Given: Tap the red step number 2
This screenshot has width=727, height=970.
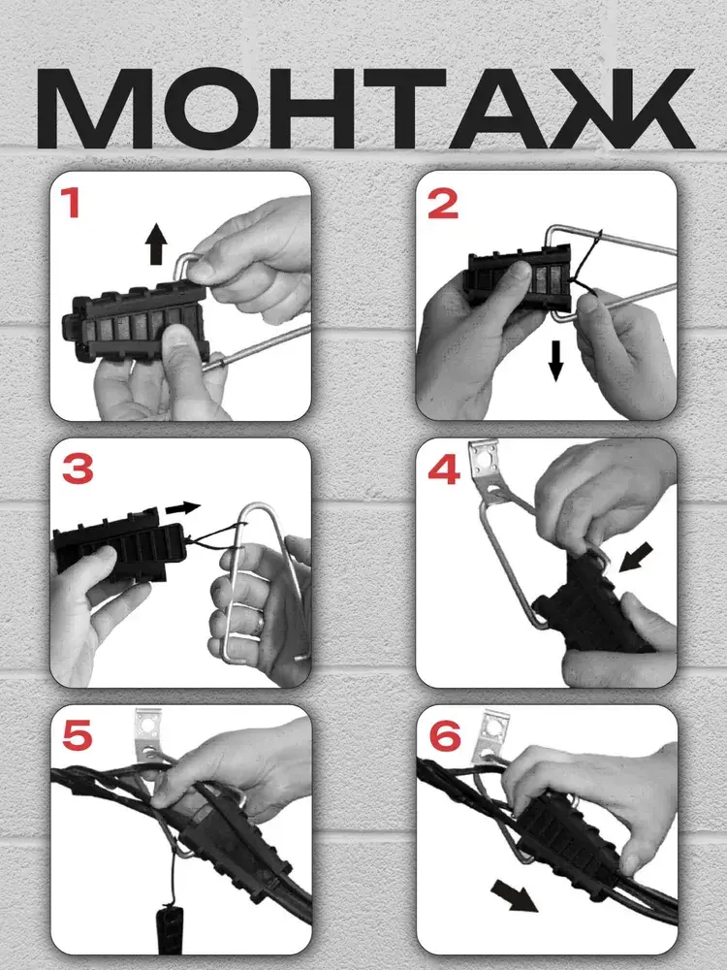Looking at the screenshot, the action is [x=443, y=204].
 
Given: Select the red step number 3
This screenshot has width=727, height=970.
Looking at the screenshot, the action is [x=78, y=469].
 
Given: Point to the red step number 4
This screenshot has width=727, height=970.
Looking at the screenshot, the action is [x=445, y=470].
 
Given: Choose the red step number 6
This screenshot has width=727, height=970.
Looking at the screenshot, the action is [x=445, y=736].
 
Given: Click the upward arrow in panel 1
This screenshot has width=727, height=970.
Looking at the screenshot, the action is [x=156, y=244].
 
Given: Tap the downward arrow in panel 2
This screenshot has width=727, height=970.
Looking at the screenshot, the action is [x=555, y=361].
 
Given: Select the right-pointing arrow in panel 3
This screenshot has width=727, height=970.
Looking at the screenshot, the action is [x=183, y=508].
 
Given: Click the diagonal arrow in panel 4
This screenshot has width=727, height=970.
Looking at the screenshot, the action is [x=636, y=557].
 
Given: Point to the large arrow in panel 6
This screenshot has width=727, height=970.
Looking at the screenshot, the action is [x=515, y=897].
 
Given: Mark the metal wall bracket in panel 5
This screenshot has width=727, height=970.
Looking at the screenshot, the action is [x=147, y=739].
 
